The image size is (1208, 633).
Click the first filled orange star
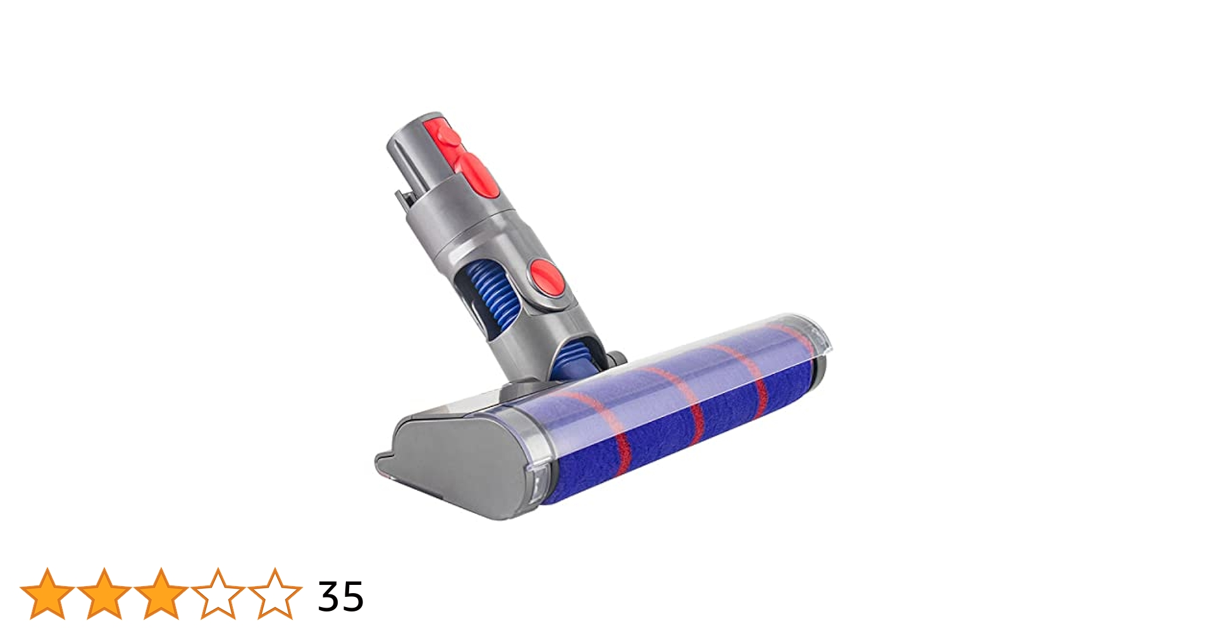[47, 594]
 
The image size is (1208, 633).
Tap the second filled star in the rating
[104, 594]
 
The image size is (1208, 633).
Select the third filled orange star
[161, 594]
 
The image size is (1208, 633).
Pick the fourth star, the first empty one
[218, 594]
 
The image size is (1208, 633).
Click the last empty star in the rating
[275, 594]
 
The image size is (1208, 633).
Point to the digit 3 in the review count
[329, 596]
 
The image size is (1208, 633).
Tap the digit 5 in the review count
[353, 596]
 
